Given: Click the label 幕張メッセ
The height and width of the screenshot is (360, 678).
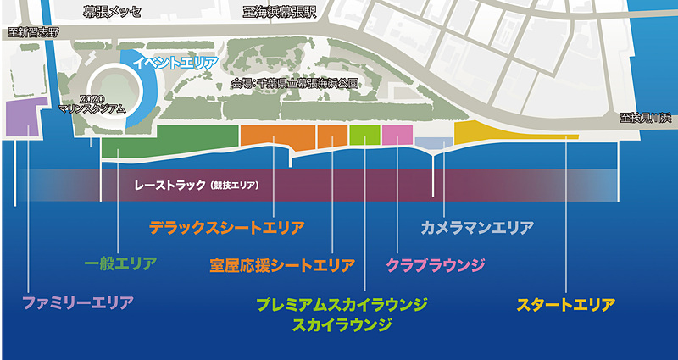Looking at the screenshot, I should pyautogui.click(x=113, y=11).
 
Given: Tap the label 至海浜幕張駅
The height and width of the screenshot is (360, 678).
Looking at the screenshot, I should pyautogui.click(x=279, y=11).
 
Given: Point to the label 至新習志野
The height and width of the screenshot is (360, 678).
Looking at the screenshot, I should pyautogui.click(x=33, y=33).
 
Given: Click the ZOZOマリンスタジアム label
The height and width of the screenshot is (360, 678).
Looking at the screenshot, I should pyautogui.click(x=92, y=104).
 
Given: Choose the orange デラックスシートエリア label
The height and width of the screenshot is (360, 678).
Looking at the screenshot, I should pyautogui.click(x=226, y=228).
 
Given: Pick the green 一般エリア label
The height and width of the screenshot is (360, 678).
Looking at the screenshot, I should pyautogui.click(x=121, y=263).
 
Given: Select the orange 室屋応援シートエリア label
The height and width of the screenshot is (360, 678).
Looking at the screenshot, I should pyautogui.click(x=281, y=265).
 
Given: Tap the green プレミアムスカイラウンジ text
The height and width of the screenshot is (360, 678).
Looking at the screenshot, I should pyautogui.click(x=342, y=303).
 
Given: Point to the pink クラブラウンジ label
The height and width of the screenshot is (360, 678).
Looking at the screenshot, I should pyautogui.click(x=436, y=265).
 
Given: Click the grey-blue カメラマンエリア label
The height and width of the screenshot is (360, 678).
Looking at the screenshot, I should pyautogui.click(x=477, y=228).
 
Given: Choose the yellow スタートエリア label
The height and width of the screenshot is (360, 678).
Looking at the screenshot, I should pyautogui.click(x=565, y=303).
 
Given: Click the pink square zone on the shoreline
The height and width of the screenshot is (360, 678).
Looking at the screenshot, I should pyautogui.click(x=397, y=135).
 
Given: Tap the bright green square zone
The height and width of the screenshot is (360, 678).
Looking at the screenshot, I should pyautogui.click(x=364, y=135).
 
